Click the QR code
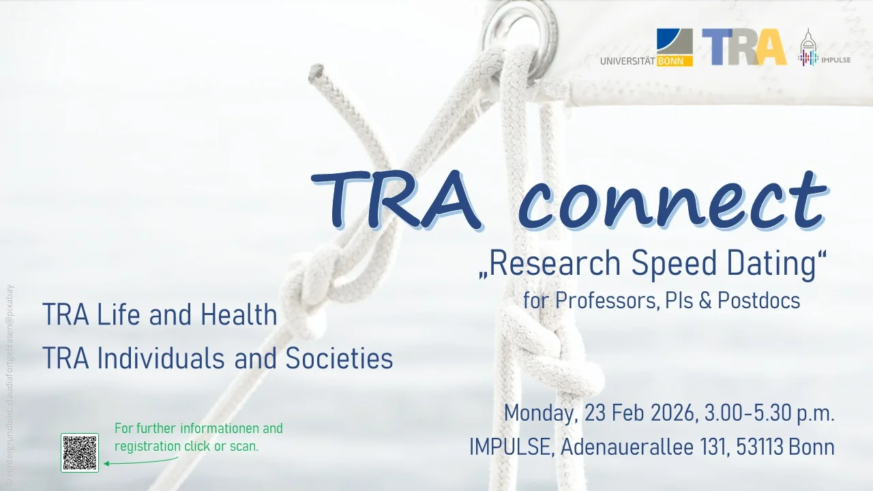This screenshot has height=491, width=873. point(80,452)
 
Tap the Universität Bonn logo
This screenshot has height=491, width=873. point(647,48)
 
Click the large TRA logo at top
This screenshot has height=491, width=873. point(744,47)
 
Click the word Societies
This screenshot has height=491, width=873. point(339,359)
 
